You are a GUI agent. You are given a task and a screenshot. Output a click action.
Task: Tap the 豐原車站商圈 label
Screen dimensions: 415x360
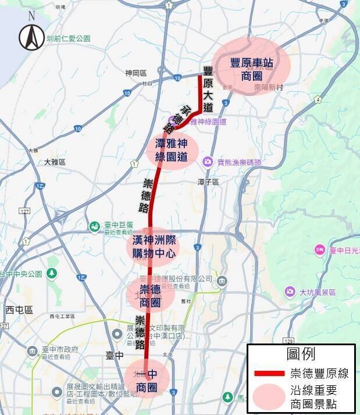click(251, 69)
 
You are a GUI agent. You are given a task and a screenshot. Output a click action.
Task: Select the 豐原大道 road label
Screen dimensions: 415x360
click(208, 89)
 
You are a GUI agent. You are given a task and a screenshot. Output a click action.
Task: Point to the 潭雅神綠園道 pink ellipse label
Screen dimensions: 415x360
click(173, 149)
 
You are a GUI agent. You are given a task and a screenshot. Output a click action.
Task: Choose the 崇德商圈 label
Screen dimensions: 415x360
click(151, 296)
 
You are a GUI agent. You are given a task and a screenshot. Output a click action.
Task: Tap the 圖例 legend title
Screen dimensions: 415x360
click(301, 355)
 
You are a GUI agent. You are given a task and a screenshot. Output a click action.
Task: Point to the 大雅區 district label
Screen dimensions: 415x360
click(55, 162)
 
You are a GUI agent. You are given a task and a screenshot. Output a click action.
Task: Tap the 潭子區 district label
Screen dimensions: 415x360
click(207, 182)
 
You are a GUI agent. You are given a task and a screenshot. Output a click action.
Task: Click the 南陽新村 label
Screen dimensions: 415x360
click(268, 87)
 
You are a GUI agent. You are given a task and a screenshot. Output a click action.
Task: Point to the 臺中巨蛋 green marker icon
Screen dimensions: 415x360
click(94, 226)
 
